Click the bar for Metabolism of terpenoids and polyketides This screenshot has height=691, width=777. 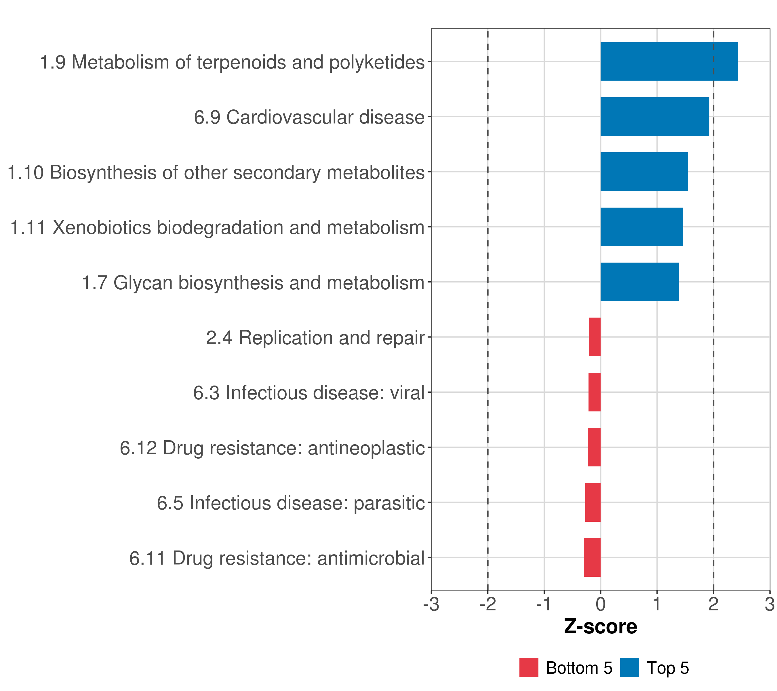point(669,62)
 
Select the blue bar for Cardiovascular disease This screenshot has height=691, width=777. point(655,117)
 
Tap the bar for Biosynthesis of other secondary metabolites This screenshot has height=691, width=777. point(644,172)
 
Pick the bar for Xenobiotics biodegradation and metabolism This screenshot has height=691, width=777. point(642,227)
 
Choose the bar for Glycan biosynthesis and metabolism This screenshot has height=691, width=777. point(639,282)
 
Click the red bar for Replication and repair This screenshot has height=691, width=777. point(595,337)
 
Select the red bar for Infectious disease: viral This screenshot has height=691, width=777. point(595,392)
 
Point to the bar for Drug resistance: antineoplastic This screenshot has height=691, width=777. point(594,447)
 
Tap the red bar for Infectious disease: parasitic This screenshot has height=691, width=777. point(593,502)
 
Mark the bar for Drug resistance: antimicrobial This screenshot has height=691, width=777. point(592,557)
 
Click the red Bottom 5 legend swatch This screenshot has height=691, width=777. point(529,667)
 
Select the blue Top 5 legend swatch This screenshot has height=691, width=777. point(629,667)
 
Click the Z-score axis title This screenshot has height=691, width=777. point(601,626)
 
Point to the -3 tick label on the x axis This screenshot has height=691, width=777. point(431,604)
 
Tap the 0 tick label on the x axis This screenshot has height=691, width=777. point(601,604)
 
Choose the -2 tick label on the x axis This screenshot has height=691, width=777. point(488,604)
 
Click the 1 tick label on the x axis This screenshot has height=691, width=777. point(657,604)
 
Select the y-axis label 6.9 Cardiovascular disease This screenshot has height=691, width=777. point(309,117)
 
